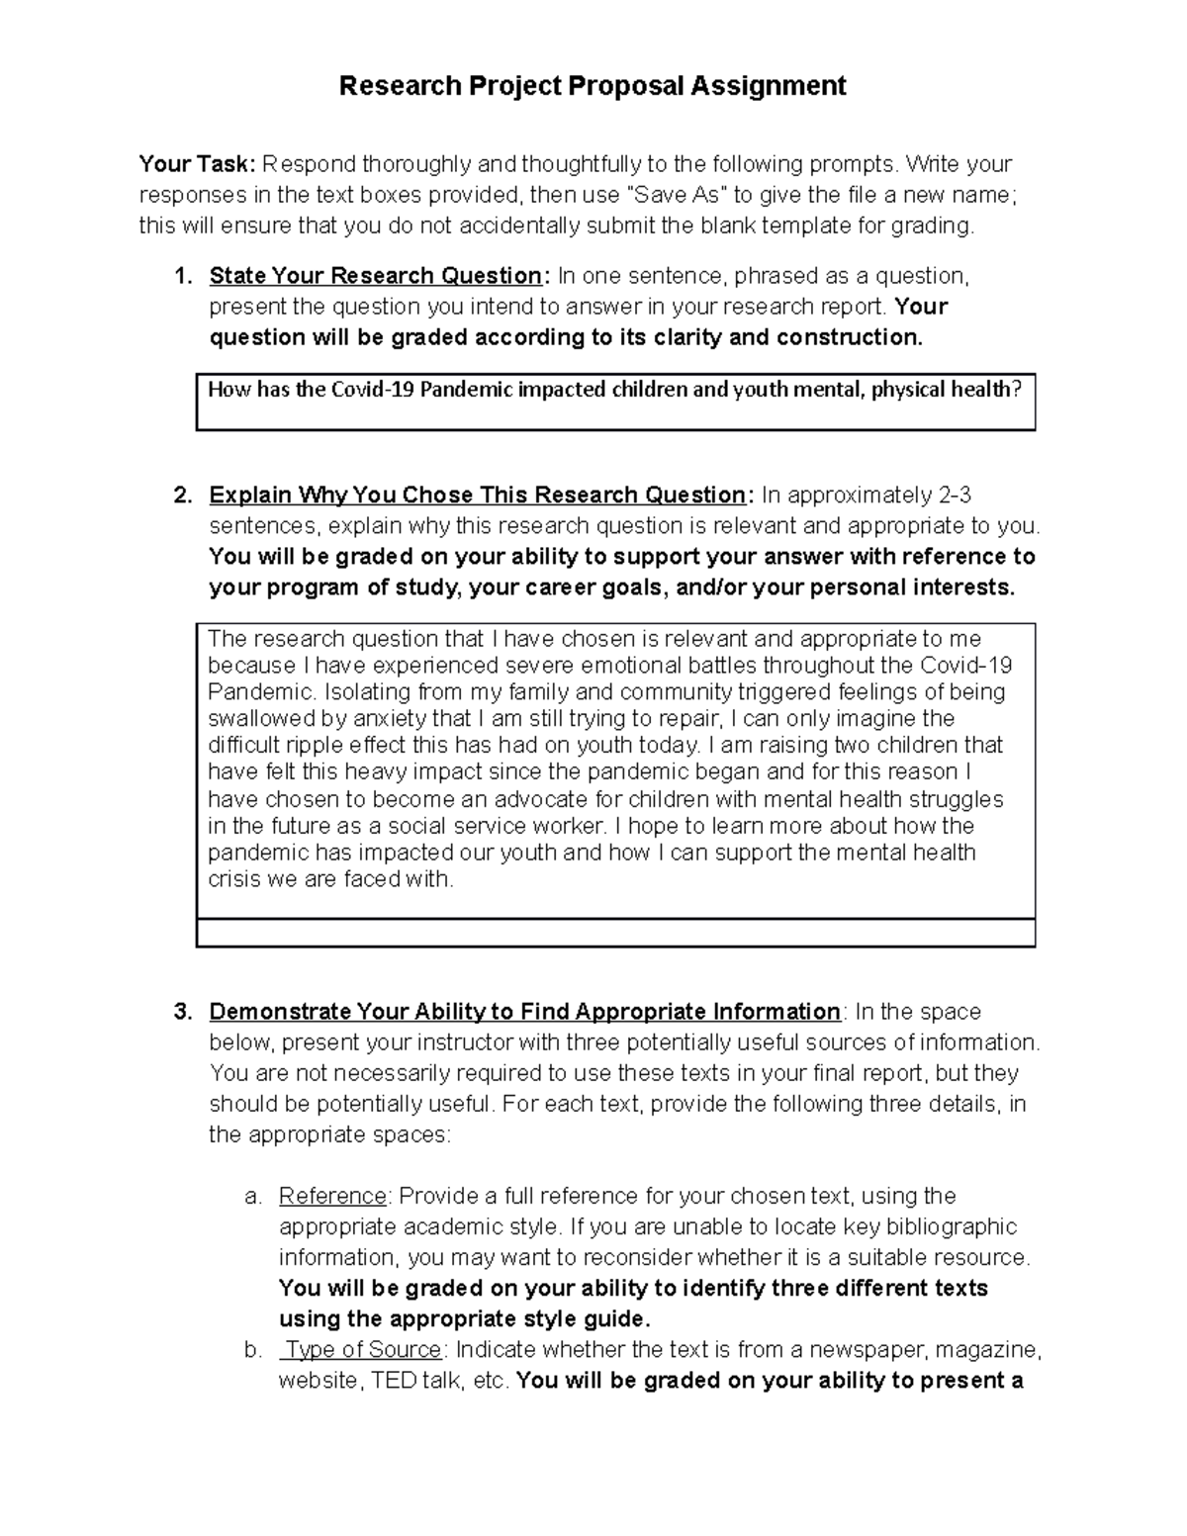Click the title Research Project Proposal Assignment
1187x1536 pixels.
[x=593, y=86]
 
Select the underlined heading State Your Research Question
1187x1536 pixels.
[x=375, y=276]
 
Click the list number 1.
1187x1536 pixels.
[x=181, y=276]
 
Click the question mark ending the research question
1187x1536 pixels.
[x=1017, y=390]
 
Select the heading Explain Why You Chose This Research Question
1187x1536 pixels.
[x=477, y=495]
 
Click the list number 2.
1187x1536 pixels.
[x=181, y=495]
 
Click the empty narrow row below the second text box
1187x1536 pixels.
[x=615, y=933]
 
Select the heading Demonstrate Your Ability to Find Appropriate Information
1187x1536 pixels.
[x=524, y=1012]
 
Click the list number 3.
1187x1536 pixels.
[x=181, y=1012]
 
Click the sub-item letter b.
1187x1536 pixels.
[x=252, y=1349]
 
